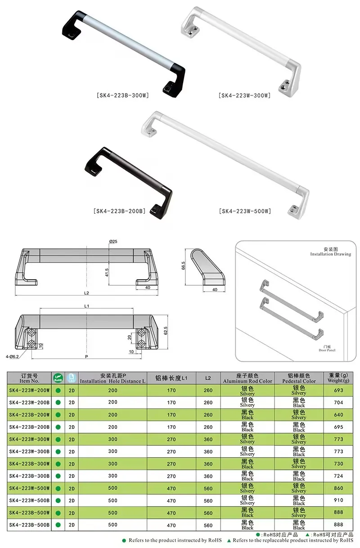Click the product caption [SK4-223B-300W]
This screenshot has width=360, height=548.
pyautogui.click(x=122, y=95)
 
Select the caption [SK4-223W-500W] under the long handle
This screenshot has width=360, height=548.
pyautogui.click(x=245, y=211)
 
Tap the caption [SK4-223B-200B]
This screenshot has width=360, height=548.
pyautogui.click(x=119, y=211)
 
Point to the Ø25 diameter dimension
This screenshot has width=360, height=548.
pyautogui.click(x=113, y=242)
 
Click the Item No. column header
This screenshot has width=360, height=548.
pyautogui.click(x=30, y=378)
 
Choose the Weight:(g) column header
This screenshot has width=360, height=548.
pyautogui.click(x=338, y=378)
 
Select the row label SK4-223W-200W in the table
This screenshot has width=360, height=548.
pyautogui.click(x=30, y=391)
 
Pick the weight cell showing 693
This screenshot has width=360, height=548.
pyautogui.click(x=338, y=391)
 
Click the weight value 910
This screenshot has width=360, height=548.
pyautogui.click(x=338, y=500)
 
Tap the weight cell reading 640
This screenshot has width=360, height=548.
pyautogui.click(x=338, y=415)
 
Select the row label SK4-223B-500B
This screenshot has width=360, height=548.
pyautogui.click(x=30, y=525)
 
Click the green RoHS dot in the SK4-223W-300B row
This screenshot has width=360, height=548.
pyautogui.click(x=58, y=451)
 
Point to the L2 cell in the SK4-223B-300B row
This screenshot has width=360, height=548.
pyautogui.click(x=208, y=476)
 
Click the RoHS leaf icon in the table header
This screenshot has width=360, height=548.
pyautogui.click(x=58, y=378)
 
